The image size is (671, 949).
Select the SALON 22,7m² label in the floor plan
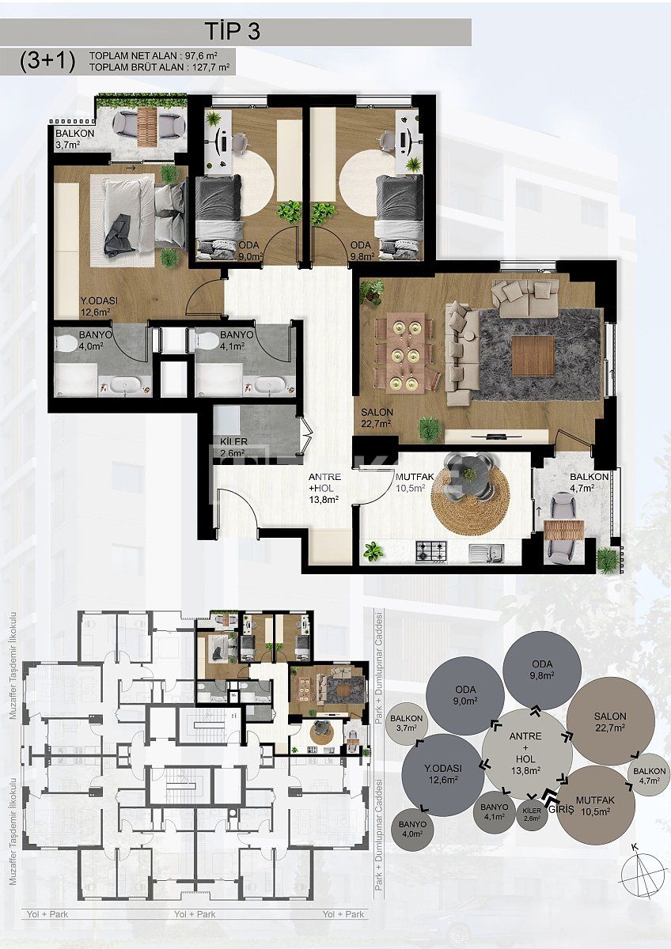coord(377,418)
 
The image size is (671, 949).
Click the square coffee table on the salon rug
coord(533,355)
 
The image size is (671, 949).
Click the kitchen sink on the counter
coord(485,551)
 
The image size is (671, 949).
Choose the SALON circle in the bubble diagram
coord(610,722)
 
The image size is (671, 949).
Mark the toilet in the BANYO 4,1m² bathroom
coord(208,341)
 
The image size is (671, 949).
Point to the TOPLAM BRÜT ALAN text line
coord(160,68)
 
